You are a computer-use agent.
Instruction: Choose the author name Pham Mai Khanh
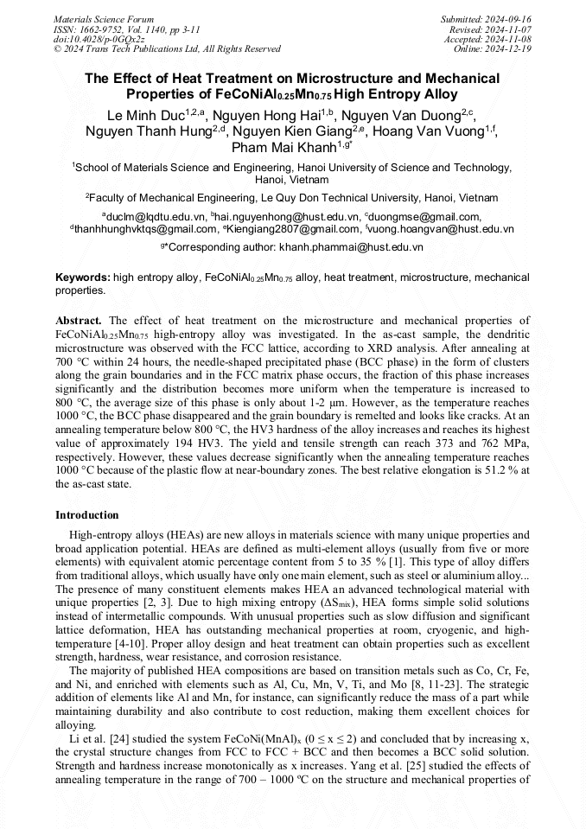(x=282, y=148)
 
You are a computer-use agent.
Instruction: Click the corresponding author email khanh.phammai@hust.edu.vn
(x=351, y=247)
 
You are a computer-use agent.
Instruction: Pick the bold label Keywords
(x=82, y=277)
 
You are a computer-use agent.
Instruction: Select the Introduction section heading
(x=87, y=515)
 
